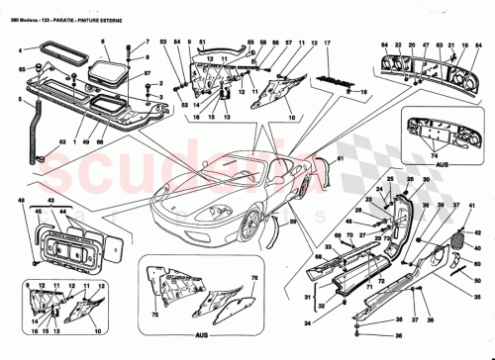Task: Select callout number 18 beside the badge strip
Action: (x=362, y=92)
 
